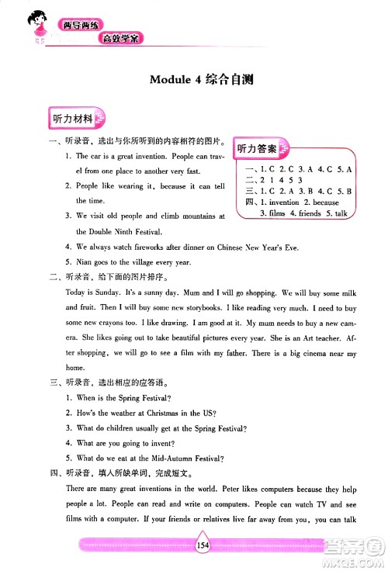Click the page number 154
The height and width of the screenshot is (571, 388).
203,545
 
